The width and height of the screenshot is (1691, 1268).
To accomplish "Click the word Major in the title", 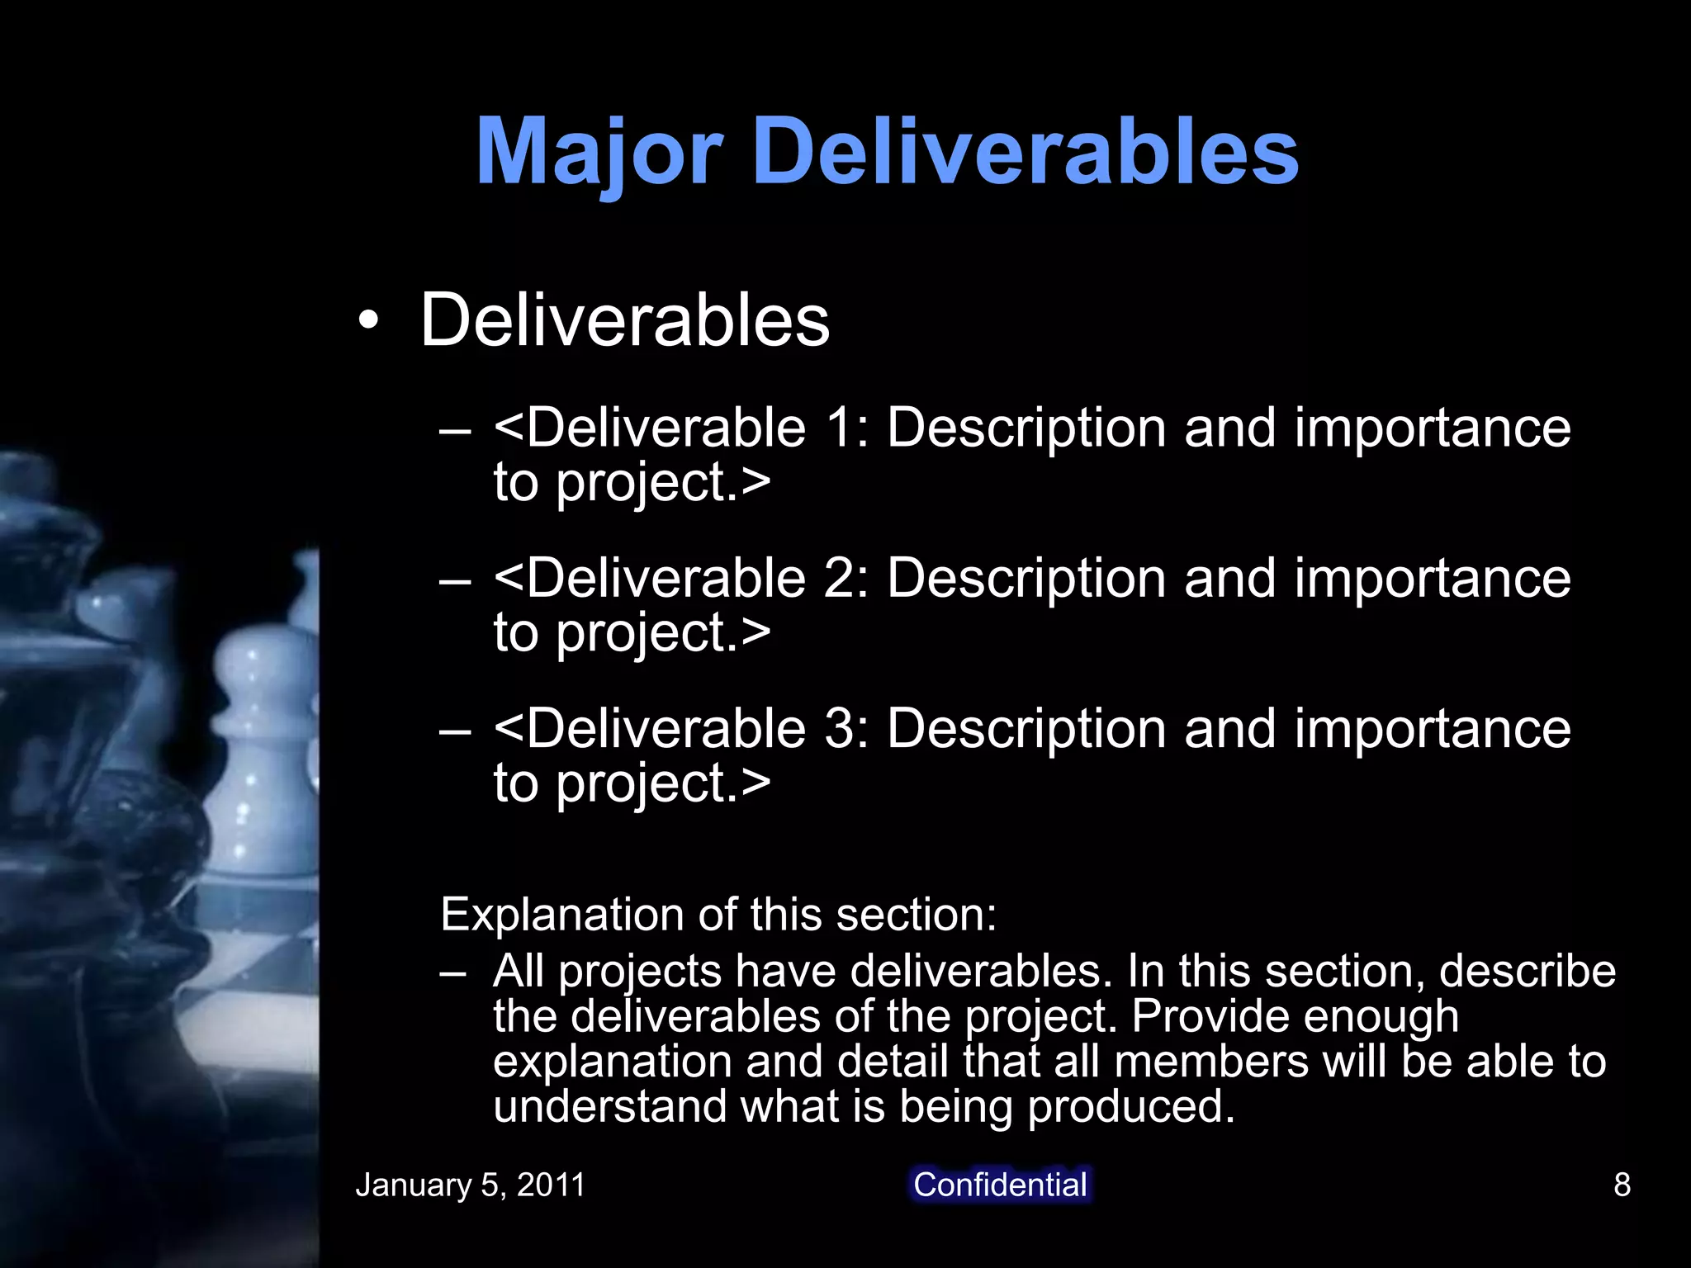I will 599,152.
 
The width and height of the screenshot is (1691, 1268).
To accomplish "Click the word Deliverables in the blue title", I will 1026,152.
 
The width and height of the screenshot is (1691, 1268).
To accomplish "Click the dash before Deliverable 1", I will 455,430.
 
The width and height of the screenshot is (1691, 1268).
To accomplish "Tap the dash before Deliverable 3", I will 455,731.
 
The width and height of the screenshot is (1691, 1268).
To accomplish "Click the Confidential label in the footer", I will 1000,1185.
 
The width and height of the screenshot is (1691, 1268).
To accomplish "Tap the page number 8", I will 1622,1185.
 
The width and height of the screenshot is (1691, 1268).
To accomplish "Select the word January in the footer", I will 413,1185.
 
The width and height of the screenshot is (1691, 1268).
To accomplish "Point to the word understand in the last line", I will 609,1107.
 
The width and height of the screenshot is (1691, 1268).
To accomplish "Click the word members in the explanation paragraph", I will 1210,1062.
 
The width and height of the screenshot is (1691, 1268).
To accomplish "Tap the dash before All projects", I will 453,972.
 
